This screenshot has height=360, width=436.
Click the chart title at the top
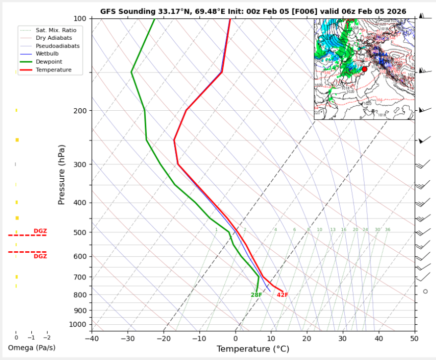[x=253, y=11]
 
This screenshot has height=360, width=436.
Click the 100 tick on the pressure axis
[x=80, y=19]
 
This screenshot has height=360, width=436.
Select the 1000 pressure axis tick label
[x=78, y=325]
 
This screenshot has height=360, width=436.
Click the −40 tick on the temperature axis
[x=91, y=339]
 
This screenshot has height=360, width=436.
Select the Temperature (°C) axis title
[x=253, y=349]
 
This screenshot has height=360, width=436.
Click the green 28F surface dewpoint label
[x=256, y=295]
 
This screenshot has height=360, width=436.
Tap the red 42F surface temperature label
[x=282, y=295]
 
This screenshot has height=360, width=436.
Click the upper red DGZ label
[x=40, y=231]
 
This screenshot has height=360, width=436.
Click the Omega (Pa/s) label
[x=32, y=348]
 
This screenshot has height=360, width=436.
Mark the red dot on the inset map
[x=365, y=69]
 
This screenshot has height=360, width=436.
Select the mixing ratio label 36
[x=387, y=230]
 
